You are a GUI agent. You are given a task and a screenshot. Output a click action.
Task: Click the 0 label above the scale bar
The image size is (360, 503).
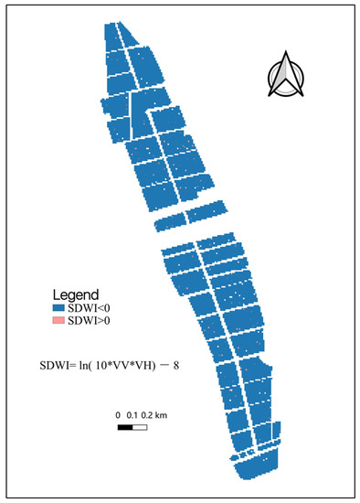coord(118,416)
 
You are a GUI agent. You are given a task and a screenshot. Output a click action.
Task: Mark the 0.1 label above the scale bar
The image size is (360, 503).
coord(132,416)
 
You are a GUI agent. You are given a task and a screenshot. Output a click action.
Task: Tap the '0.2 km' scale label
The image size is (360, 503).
coord(154,416)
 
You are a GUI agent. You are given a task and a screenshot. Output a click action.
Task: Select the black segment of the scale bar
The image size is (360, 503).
coord(125,427)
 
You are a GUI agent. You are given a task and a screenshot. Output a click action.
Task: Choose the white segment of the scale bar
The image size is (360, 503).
coord(140,427)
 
